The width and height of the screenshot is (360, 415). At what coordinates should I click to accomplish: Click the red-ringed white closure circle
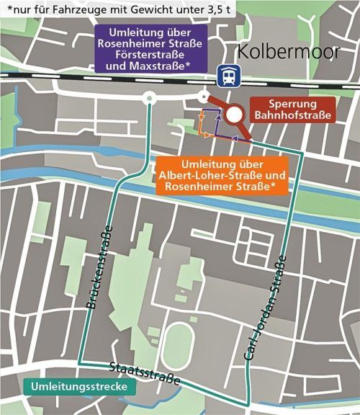click(x=234, y=115)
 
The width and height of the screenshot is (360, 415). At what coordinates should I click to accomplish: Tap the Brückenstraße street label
click(x=99, y=268)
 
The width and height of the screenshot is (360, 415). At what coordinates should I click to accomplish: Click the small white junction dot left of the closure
click(x=204, y=97)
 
